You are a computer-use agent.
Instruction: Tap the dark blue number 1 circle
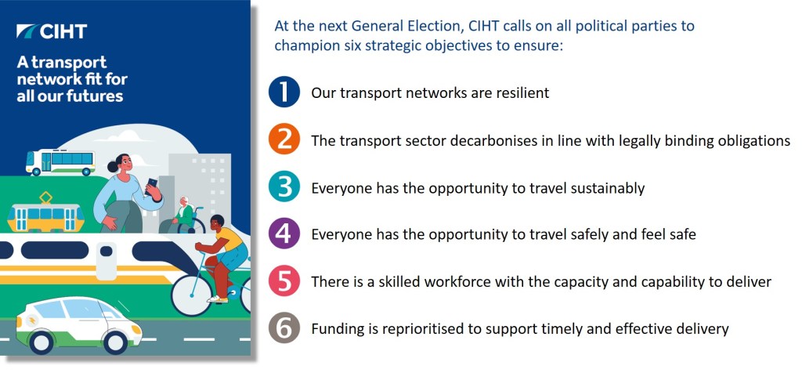coord(284,92)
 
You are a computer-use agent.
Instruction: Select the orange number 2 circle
coord(284,140)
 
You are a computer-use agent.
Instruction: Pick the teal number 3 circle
coord(284,188)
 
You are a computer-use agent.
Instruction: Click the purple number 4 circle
coord(284,234)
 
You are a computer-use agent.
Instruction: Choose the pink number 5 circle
coord(284,281)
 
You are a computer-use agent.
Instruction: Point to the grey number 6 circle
coord(284,328)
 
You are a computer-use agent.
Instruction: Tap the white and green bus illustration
coord(60,162)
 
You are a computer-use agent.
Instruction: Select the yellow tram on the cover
coord(45,215)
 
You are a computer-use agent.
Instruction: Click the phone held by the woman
coord(151,184)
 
